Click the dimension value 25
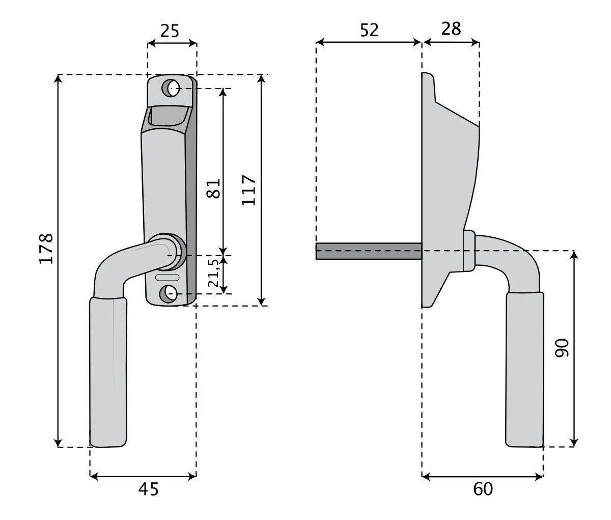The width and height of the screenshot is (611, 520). [170, 31]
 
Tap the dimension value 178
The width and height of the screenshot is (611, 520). [46, 249]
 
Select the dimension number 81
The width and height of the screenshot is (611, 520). [213, 188]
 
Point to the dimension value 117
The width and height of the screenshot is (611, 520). [248, 190]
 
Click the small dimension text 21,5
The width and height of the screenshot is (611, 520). [213, 272]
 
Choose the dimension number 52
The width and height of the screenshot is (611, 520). [369, 30]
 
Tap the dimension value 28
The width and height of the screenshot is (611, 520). [451, 29]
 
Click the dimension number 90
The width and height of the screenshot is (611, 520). [562, 348]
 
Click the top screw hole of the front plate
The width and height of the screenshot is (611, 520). [171, 88]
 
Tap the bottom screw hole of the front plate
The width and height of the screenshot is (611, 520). [168, 294]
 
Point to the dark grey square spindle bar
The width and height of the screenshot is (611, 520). [369, 251]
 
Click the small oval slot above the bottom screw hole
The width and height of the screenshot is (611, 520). [167, 277]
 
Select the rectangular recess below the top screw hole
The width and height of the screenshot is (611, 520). [169, 116]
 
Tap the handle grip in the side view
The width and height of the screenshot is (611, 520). [524, 370]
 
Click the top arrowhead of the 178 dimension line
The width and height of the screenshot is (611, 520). [58, 78]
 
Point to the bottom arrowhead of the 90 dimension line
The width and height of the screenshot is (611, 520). [574, 443]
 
